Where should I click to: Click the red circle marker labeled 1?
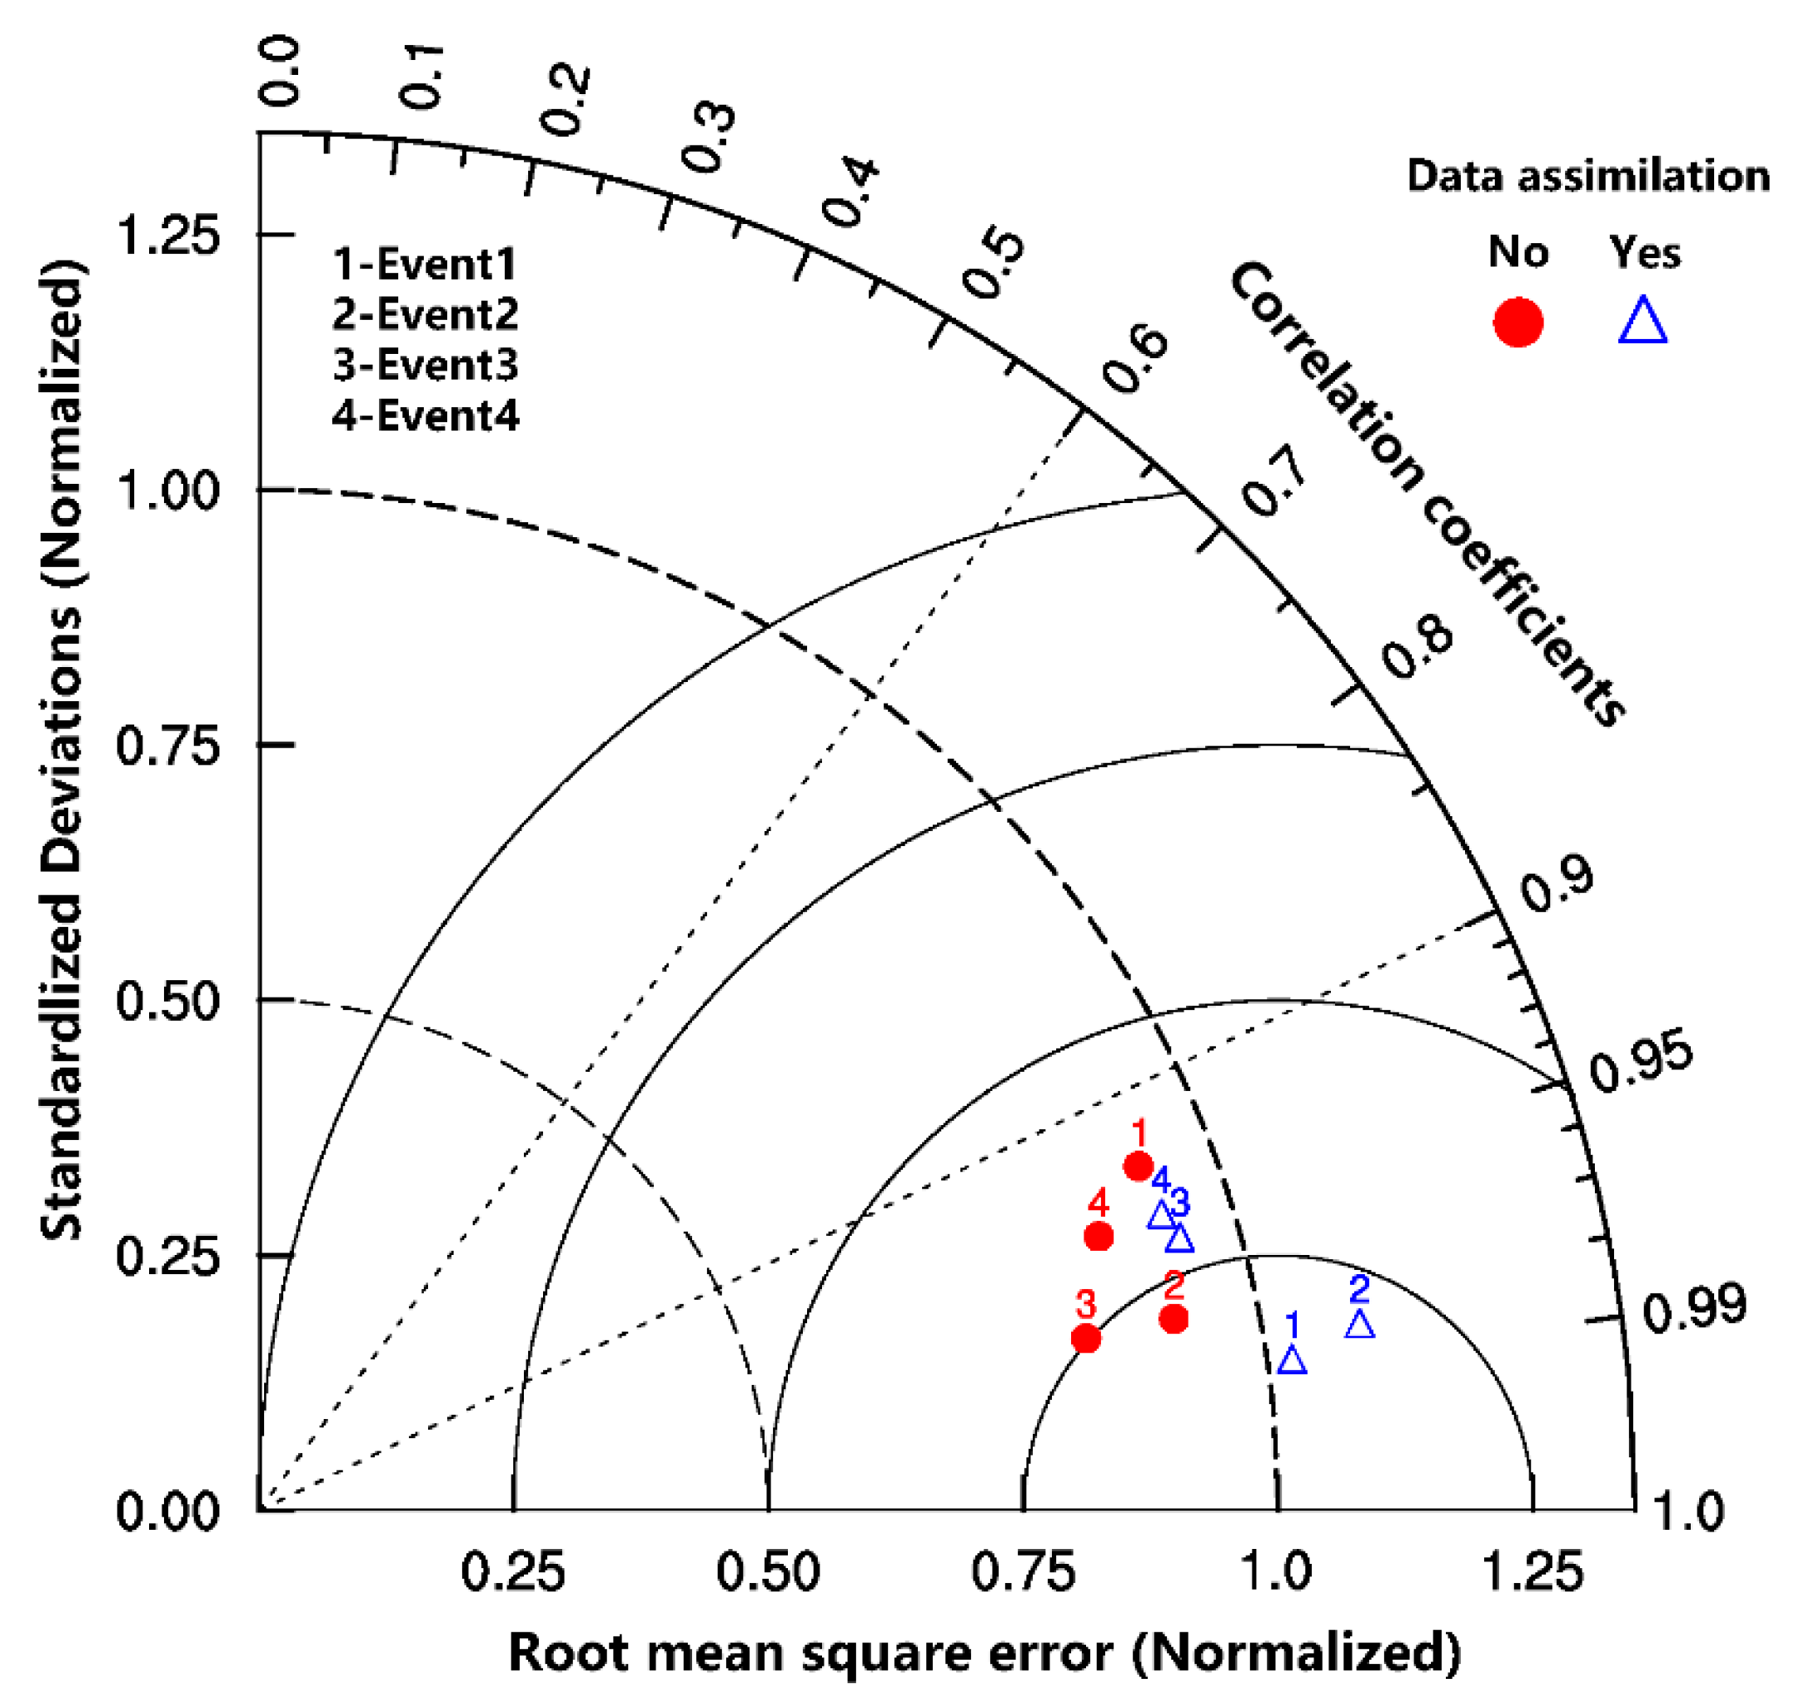(x=1138, y=1165)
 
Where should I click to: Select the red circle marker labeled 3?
(x=1085, y=1338)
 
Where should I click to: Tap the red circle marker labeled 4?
(x=1099, y=1237)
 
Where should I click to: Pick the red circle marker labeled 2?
(x=1174, y=1318)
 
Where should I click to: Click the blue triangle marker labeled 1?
(x=1292, y=1360)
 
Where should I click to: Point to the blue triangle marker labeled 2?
(x=1359, y=1325)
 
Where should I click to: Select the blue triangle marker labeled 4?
(x=1161, y=1216)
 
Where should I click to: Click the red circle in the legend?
(x=1517, y=322)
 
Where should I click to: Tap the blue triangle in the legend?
(x=1642, y=321)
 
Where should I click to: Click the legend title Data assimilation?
(x=1587, y=175)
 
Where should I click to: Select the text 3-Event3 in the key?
(x=425, y=365)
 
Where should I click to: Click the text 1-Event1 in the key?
(x=424, y=264)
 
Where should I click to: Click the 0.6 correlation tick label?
(x=1134, y=361)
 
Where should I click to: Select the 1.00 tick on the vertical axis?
(x=168, y=490)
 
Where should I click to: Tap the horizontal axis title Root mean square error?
(x=984, y=1652)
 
